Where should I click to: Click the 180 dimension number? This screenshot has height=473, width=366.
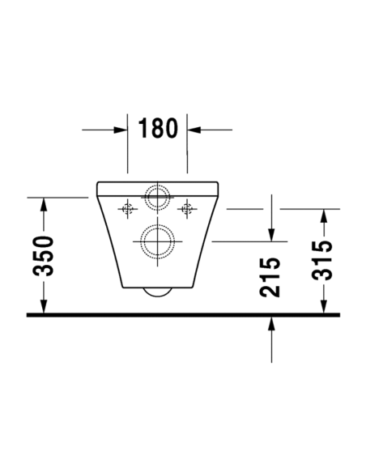click(158, 128)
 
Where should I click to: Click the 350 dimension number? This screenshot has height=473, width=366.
click(43, 256)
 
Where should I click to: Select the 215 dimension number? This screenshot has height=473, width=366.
click(270, 277)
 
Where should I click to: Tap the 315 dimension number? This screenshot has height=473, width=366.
click(322, 260)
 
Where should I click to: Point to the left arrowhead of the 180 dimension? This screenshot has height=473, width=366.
click(120, 130)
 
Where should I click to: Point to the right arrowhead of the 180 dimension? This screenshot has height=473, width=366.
click(194, 130)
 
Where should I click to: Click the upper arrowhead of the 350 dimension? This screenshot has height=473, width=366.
click(44, 205)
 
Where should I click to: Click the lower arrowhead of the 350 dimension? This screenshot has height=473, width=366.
click(44, 306)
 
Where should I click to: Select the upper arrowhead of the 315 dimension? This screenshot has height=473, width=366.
click(324, 216)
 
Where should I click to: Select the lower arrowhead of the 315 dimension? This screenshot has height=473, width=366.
click(324, 306)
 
